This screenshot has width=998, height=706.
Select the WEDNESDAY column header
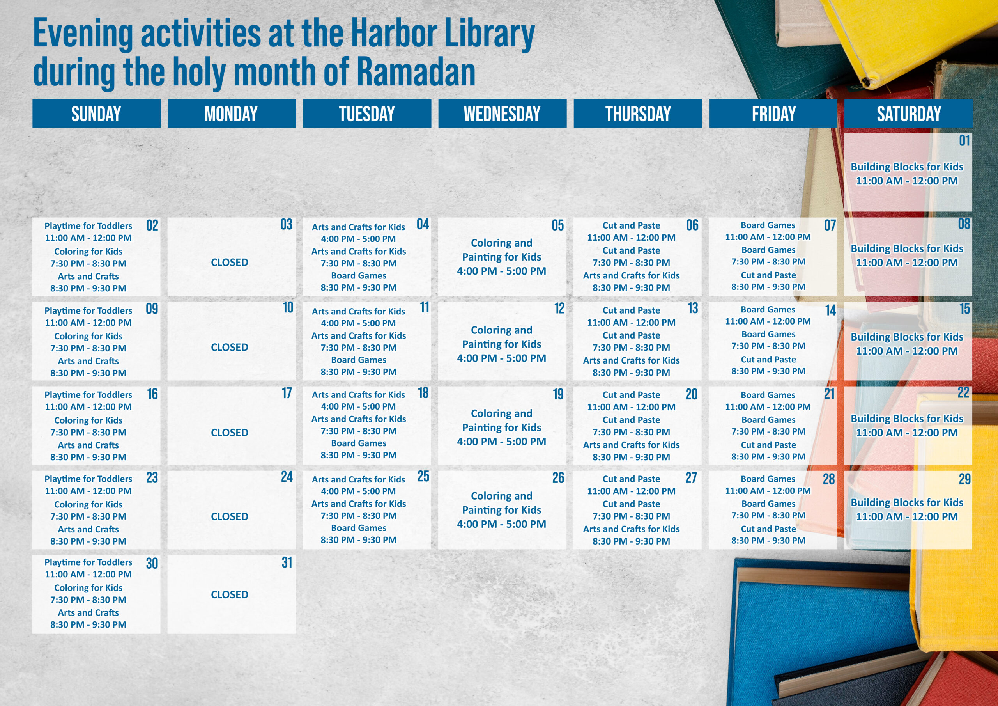[502, 114]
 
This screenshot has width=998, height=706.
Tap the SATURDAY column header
[908, 114]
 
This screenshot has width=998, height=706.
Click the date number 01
[964, 140]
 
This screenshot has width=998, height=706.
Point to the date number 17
[287, 393]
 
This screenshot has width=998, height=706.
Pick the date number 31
[287, 562]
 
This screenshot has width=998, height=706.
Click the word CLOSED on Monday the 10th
[230, 347]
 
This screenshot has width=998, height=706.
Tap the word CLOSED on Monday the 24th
[230, 516]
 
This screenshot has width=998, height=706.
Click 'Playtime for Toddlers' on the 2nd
[88, 226]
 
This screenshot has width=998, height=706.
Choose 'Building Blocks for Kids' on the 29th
[907, 502]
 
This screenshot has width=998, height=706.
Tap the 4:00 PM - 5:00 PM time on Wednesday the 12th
[502, 358]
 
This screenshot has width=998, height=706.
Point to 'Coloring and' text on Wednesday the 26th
[502, 496]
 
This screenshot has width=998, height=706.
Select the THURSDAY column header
[638, 114]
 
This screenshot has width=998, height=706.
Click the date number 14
[831, 310]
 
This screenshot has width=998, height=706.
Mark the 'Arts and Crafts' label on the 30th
[88, 612]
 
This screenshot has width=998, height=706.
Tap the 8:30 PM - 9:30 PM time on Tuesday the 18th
[359, 455]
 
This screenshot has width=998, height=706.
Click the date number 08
[964, 224]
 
